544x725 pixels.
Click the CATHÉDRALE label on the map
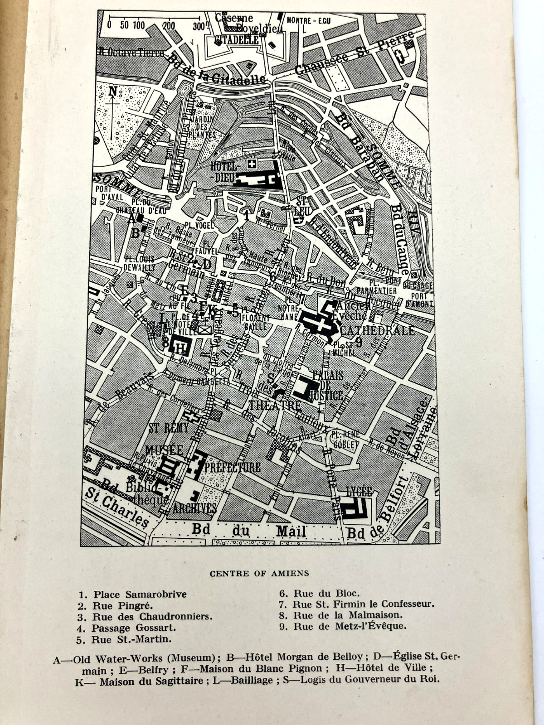(x=377, y=330)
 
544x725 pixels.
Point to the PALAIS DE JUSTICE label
(x=326, y=385)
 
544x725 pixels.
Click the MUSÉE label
(x=164, y=450)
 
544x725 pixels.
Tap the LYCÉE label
(x=358, y=491)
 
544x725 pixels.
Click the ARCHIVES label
(x=194, y=508)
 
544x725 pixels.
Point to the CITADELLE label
(x=237, y=40)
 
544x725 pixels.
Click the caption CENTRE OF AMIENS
(x=259, y=573)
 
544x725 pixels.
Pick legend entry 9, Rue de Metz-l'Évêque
(x=350, y=626)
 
